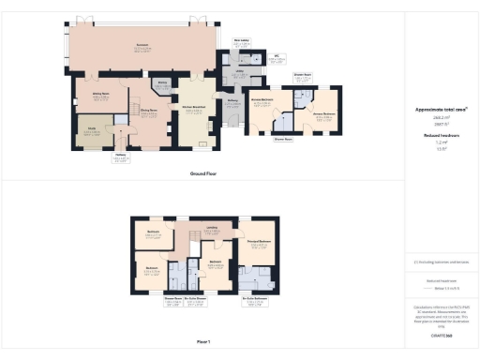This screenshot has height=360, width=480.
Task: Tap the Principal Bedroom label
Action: pyautogui.click(x=258, y=244)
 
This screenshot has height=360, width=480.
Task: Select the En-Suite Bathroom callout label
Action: pyautogui.click(x=253, y=301)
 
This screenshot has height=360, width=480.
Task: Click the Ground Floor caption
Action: pyautogui.click(x=203, y=174)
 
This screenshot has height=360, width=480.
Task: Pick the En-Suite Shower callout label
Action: pyautogui.click(x=195, y=301)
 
